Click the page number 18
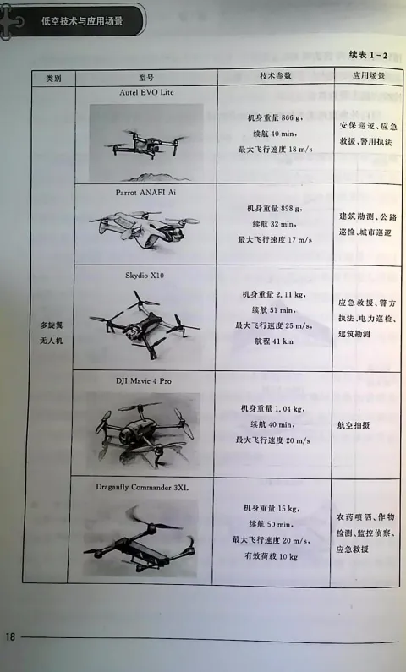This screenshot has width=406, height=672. pyautogui.click(x=10, y=636)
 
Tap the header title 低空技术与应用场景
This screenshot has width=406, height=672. pyautogui.click(x=82, y=21)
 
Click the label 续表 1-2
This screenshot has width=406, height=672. pyautogui.click(x=368, y=55)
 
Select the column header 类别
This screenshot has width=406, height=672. pyautogui.click(x=53, y=79)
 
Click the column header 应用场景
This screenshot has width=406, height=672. pyautogui.click(x=369, y=76)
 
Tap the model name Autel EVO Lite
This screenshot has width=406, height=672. pyautogui.click(x=146, y=92)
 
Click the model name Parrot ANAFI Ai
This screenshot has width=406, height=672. pyautogui.click(x=145, y=193)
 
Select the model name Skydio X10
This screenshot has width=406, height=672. pyautogui.click(x=145, y=276)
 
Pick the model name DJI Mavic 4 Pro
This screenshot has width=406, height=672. pyautogui.click(x=143, y=380)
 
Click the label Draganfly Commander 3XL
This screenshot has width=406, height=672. pyautogui.click(x=142, y=487)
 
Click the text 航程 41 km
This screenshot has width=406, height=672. pyautogui.click(x=272, y=341)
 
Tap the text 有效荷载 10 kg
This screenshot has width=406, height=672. pyautogui.click(x=271, y=557)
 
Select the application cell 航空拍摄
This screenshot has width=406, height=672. pyautogui.click(x=354, y=425)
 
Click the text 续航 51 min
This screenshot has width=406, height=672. pyautogui.click(x=273, y=310)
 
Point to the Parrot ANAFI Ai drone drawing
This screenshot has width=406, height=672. pyautogui.click(x=145, y=229)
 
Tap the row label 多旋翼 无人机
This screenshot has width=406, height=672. pyautogui.click(x=52, y=333)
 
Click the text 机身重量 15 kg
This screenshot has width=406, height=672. pyautogui.click(x=272, y=509)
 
